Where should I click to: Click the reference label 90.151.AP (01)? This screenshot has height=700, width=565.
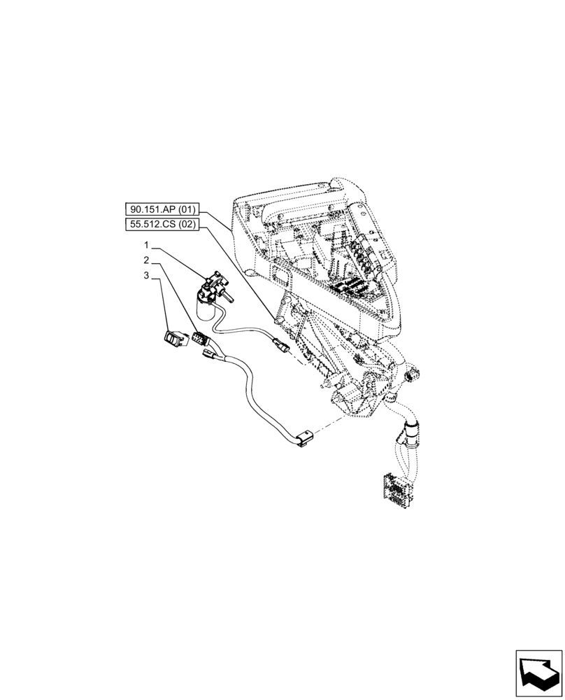(163, 209)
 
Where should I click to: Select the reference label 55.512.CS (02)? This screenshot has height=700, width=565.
(163, 225)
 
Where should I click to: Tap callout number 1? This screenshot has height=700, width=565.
(147, 245)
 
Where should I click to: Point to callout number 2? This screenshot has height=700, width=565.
(147, 260)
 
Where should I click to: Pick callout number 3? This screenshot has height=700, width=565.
(147, 276)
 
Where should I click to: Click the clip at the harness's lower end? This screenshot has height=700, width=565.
(302, 440)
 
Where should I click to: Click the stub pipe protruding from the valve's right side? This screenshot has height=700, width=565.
(229, 298)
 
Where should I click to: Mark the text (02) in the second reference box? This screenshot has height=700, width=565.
(187, 225)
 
